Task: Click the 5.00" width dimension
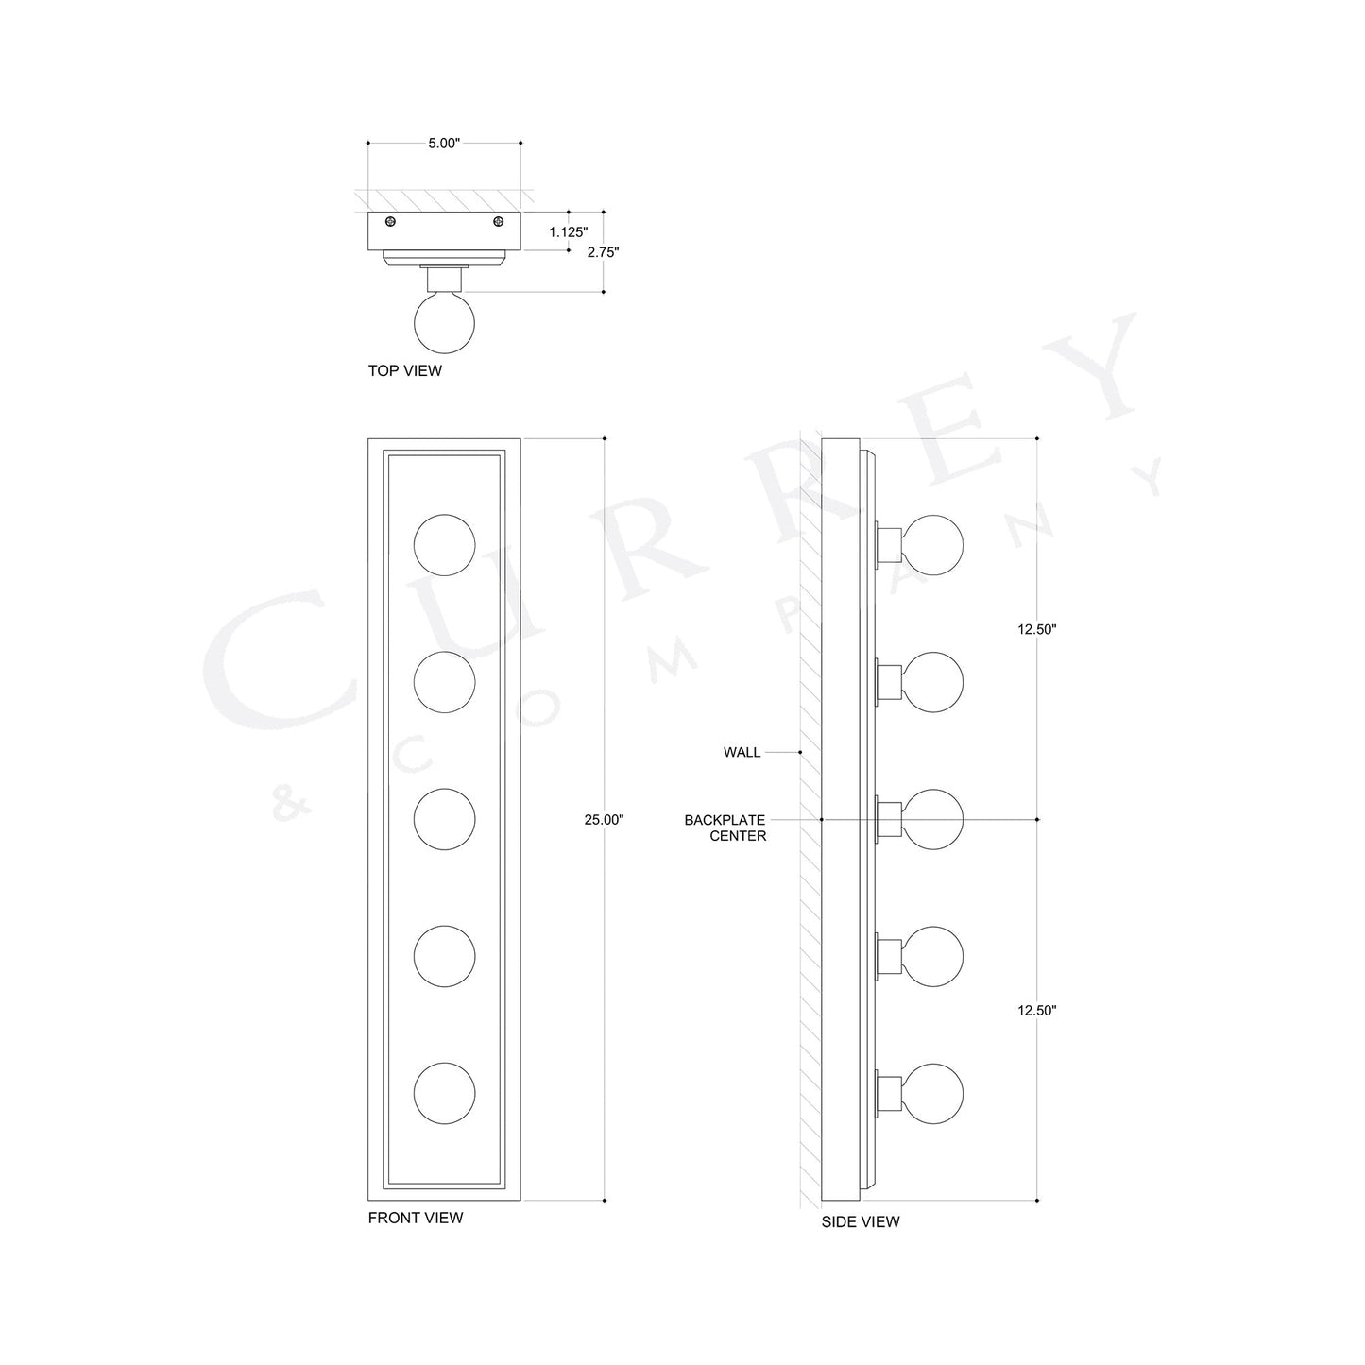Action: click(443, 144)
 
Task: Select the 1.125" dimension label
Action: click(568, 231)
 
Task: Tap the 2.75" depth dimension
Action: click(603, 252)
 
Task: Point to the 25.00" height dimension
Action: click(604, 820)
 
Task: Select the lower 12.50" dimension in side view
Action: click(1036, 1010)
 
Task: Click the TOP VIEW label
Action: click(404, 371)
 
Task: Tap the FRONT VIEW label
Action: click(416, 1218)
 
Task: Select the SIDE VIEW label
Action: click(860, 1221)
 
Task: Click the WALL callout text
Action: click(742, 753)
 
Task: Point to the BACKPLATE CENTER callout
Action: click(725, 828)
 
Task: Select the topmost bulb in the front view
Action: click(444, 545)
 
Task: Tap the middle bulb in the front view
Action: click(444, 818)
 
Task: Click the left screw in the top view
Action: click(390, 222)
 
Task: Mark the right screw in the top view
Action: click(498, 222)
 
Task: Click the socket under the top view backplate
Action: click(444, 280)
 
